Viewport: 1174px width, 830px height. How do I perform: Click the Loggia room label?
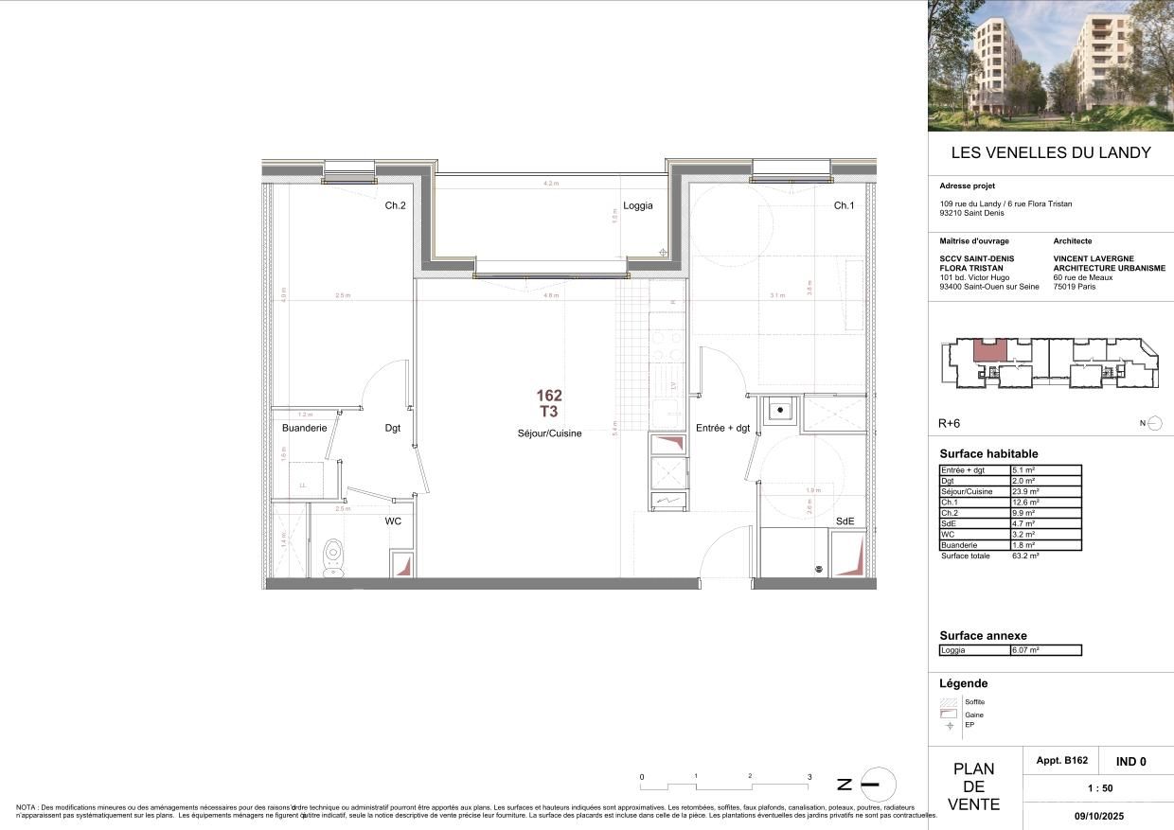[637, 205]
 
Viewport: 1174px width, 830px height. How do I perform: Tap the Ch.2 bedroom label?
[395, 205]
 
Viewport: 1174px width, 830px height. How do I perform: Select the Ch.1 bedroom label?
[844, 205]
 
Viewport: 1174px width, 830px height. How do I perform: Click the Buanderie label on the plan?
[304, 428]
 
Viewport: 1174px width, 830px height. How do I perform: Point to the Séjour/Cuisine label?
[549, 433]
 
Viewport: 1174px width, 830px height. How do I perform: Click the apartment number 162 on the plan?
[549, 396]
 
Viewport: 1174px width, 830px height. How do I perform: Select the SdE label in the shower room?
[845, 521]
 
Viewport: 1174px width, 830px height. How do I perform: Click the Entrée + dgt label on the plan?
[722, 428]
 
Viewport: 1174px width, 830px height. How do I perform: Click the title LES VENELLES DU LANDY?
[1050, 152]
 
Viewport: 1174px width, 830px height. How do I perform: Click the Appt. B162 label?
[1061, 760]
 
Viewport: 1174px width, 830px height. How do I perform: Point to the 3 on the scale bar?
[809, 776]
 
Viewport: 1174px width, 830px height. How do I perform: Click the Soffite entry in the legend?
[974, 701]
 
